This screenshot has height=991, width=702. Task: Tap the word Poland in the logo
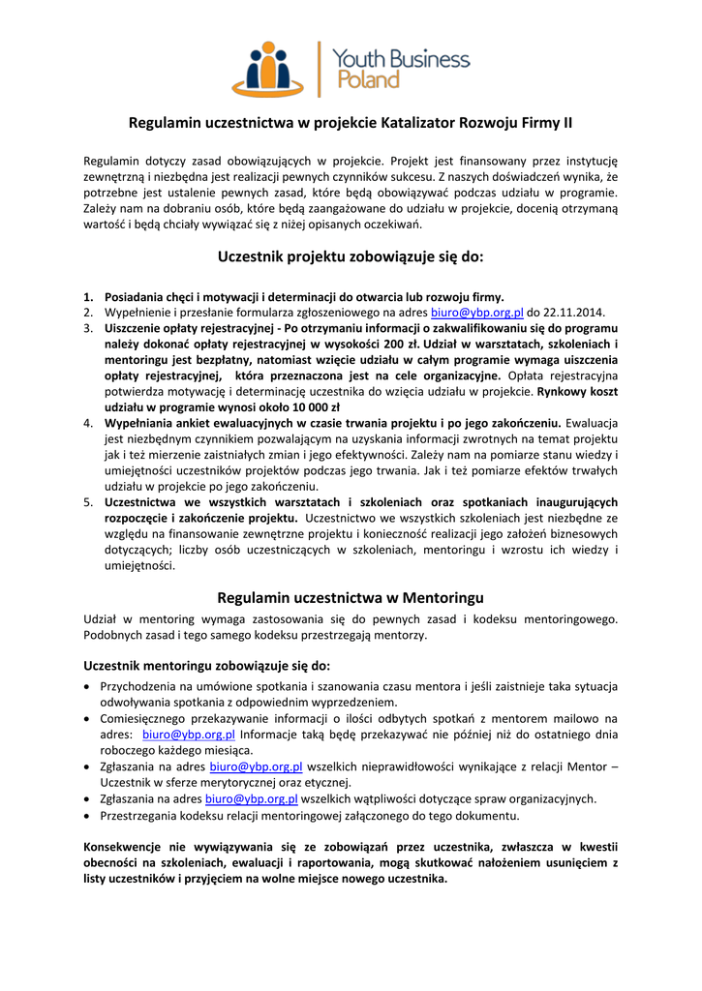tap(367, 80)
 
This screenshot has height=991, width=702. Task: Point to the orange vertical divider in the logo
tap(320, 68)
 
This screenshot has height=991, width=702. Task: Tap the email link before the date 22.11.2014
tap(476, 313)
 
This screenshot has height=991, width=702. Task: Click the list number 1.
tap(87, 297)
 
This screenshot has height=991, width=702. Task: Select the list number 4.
tap(87, 423)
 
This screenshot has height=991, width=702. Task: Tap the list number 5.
tap(87, 502)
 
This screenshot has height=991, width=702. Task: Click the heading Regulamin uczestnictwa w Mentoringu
tap(351, 597)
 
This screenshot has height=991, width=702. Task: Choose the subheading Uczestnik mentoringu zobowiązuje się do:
tap(206, 666)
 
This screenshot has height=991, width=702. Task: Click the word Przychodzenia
tap(140, 687)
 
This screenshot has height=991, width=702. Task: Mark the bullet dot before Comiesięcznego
tap(88, 719)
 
